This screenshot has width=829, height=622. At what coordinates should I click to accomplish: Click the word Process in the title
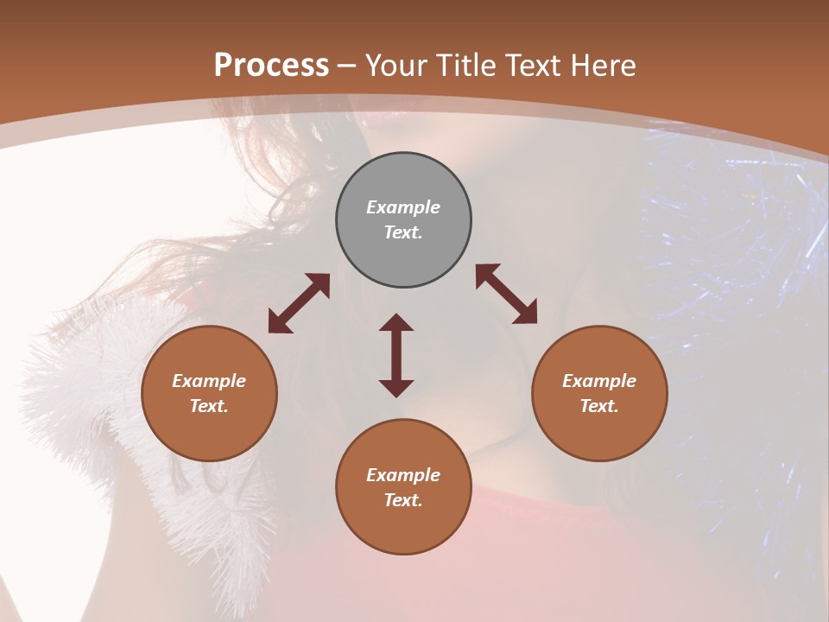(271, 65)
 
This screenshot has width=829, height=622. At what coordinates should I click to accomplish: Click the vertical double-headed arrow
(396, 355)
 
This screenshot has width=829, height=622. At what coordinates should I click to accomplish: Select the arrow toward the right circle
(507, 294)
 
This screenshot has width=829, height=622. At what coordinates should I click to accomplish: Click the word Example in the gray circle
(403, 207)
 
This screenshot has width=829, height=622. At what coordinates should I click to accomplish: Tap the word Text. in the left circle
(209, 406)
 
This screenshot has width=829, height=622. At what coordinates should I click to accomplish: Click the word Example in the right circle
(599, 381)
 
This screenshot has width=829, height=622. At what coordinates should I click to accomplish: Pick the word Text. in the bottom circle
(403, 500)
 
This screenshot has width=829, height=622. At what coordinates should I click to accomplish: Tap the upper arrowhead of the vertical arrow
(396, 322)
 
